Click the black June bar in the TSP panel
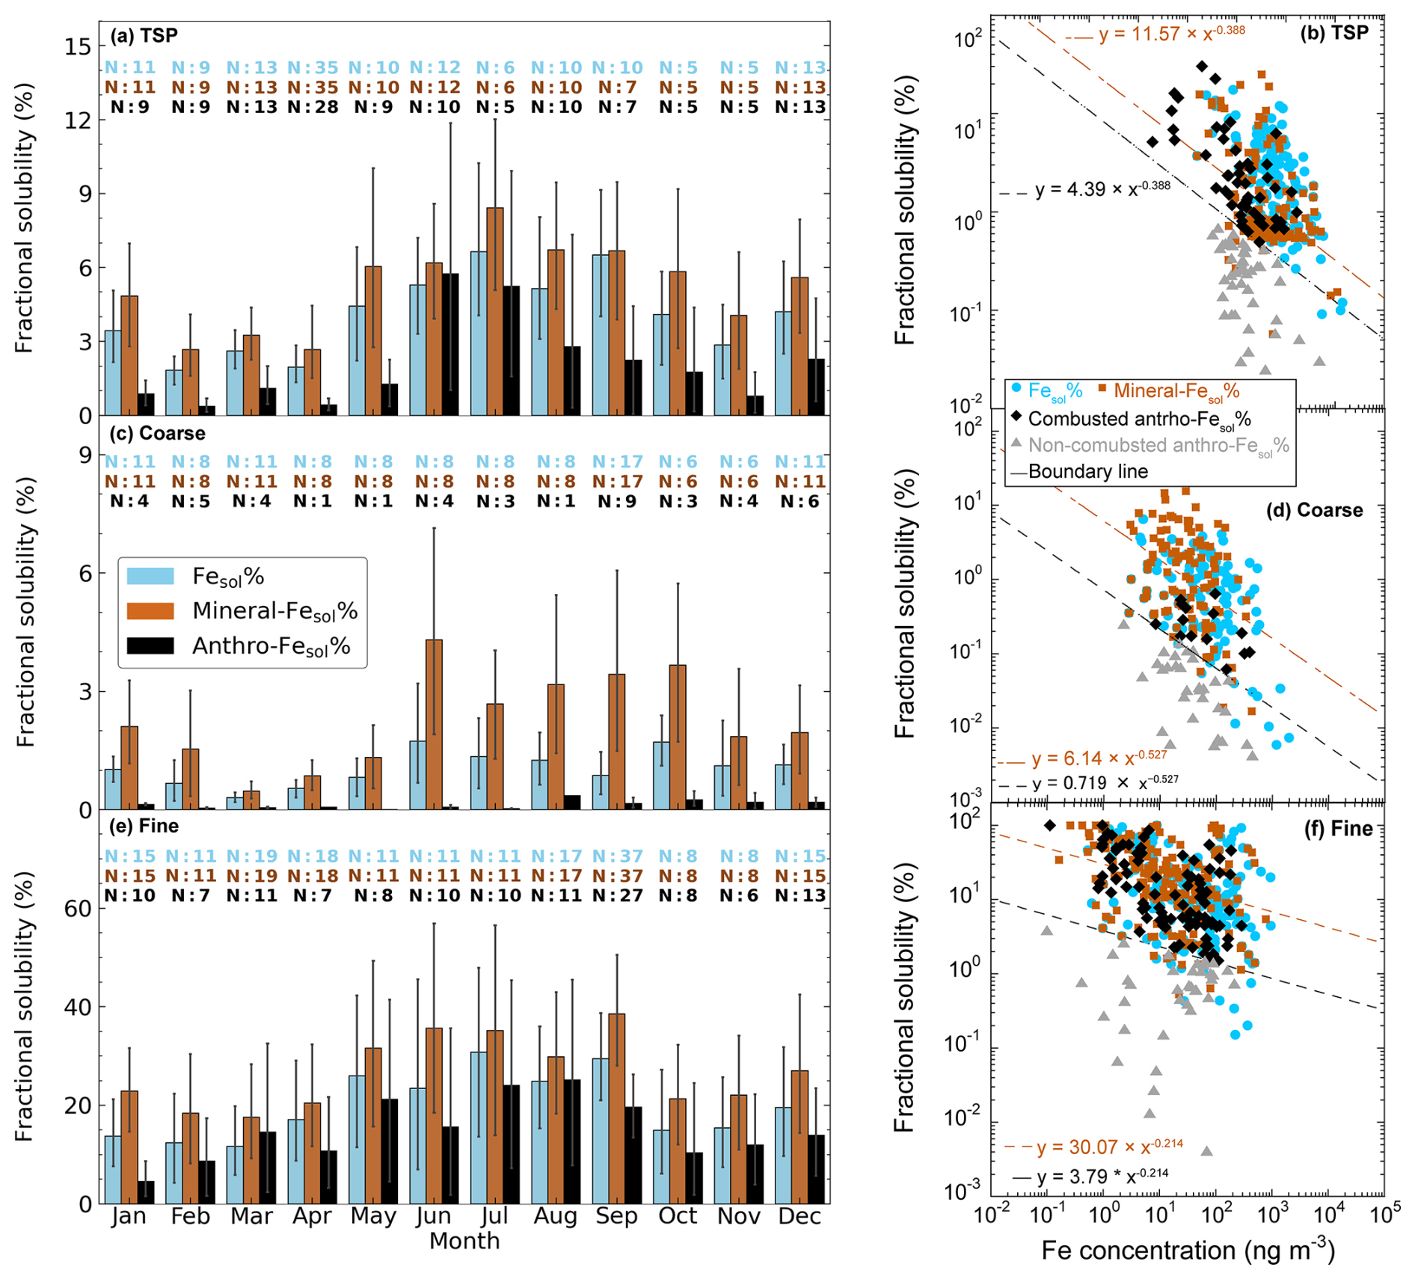click(x=450, y=344)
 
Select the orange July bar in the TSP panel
click(x=494, y=311)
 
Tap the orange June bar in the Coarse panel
click(x=434, y=724)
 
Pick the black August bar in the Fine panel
click(x=572, y=1141)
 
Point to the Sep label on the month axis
click(x=616, y=1216)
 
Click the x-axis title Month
click(x=464, y=1241)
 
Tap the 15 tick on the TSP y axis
click(x=77, y=46)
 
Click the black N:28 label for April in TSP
click(x=313, y=107)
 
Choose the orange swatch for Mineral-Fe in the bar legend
click(x=150, y=611)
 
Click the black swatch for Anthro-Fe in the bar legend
click(x=150, y=645)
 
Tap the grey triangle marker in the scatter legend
click(x=1016, y=444)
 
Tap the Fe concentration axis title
click(x=1188, y=1251)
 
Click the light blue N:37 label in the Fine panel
click(x=617, y=856)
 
